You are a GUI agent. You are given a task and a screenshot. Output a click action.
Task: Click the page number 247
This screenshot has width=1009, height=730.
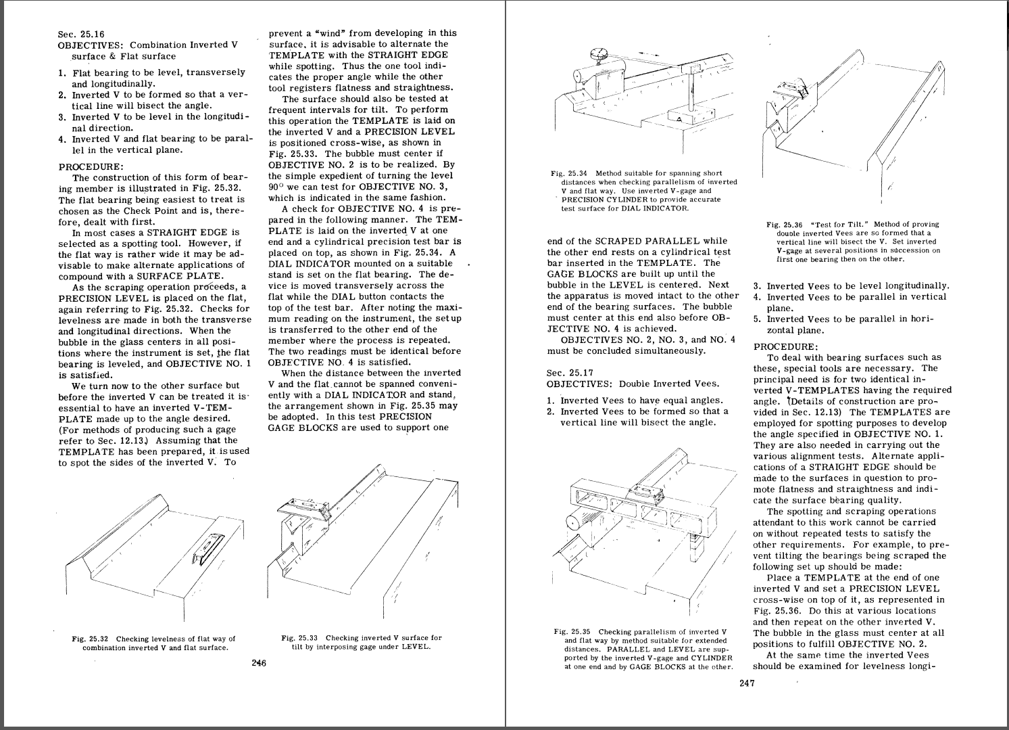[x=747, y=683]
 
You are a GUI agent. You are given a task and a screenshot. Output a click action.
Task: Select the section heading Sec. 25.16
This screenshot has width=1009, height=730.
[x=82, y=34]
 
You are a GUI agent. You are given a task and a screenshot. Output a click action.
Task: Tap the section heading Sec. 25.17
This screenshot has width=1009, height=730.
[x=570, y=373]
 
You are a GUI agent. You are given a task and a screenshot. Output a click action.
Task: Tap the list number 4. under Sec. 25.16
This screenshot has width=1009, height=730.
[x=63, y=140]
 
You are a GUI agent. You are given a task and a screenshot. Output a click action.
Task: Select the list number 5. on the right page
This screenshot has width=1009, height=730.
[x=758, y=319]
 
